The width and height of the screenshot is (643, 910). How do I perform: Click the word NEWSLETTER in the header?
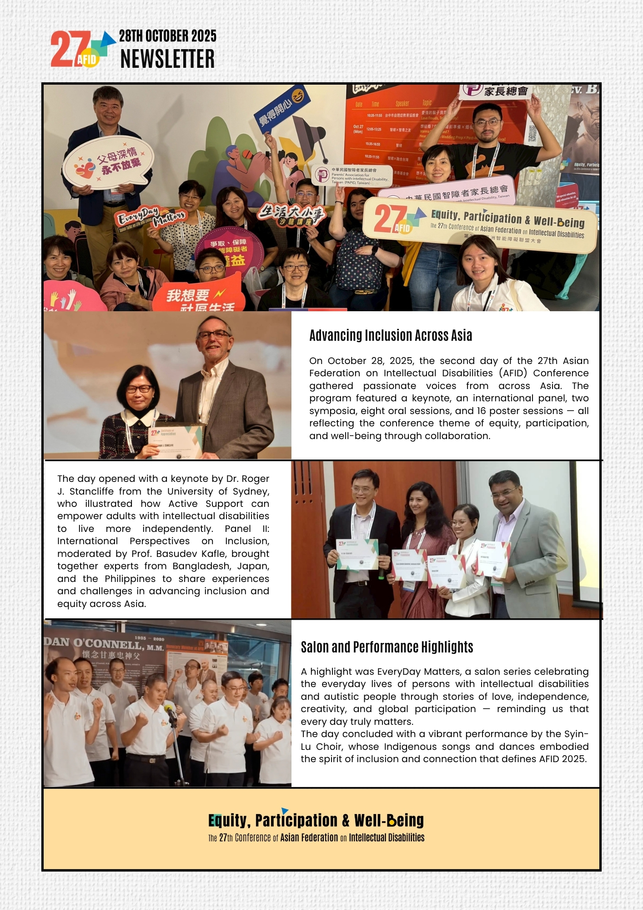167,59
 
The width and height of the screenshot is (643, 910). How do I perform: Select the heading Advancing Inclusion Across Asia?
391,336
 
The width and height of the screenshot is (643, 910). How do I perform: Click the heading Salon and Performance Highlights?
387,647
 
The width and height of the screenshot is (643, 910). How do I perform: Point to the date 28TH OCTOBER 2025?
167,36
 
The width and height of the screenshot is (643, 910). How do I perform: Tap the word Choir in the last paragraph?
329,747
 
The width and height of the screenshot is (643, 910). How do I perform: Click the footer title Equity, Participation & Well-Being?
316,820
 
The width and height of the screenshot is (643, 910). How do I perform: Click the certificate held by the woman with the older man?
176,441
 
